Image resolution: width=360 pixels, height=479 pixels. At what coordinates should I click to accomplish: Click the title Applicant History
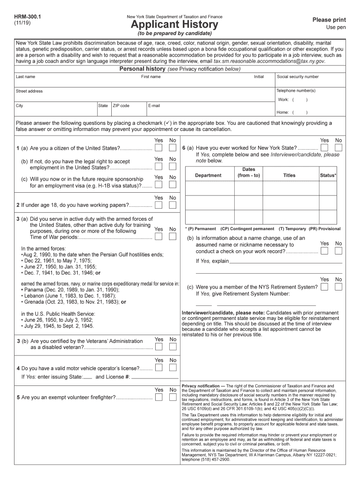click(x=174, y=24)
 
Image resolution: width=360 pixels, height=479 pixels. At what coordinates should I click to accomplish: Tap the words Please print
click(x=329, y=20)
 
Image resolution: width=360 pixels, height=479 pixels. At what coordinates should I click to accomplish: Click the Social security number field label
click(x=298, y=77)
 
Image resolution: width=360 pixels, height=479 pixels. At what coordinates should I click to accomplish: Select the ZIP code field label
click(x=121, y=106)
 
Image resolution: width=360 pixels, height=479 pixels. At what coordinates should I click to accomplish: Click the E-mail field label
click(x=154, y=106)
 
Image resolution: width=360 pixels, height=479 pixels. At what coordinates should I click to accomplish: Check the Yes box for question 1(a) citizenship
click(x=159, y=148)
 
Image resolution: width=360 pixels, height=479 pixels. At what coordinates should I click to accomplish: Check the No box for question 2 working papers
click(x=173, y=205)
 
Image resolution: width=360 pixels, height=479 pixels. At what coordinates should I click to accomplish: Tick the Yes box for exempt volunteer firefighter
click(x=159, y=397)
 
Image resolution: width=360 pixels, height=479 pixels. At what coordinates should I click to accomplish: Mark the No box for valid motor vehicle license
click(x=173, y=368)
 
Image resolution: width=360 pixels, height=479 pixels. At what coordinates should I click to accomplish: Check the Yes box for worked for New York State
click(x=324, y=148)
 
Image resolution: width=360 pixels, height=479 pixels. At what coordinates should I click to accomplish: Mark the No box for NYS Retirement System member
click(x=338, y=287)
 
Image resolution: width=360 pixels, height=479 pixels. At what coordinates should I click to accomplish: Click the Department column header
click(x=209, y=175)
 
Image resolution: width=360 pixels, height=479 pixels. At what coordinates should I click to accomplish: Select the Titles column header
click(x=289, y=175)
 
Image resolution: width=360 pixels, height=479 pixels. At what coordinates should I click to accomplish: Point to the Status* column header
click(x=327, y=175)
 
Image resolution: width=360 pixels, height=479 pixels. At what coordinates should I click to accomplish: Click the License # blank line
click(x=155, y=377)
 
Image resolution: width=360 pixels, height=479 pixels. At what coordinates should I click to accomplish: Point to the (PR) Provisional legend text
click(x=324, y=229)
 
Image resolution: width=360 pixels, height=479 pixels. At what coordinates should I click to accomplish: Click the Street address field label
click(x=29, y=91)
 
